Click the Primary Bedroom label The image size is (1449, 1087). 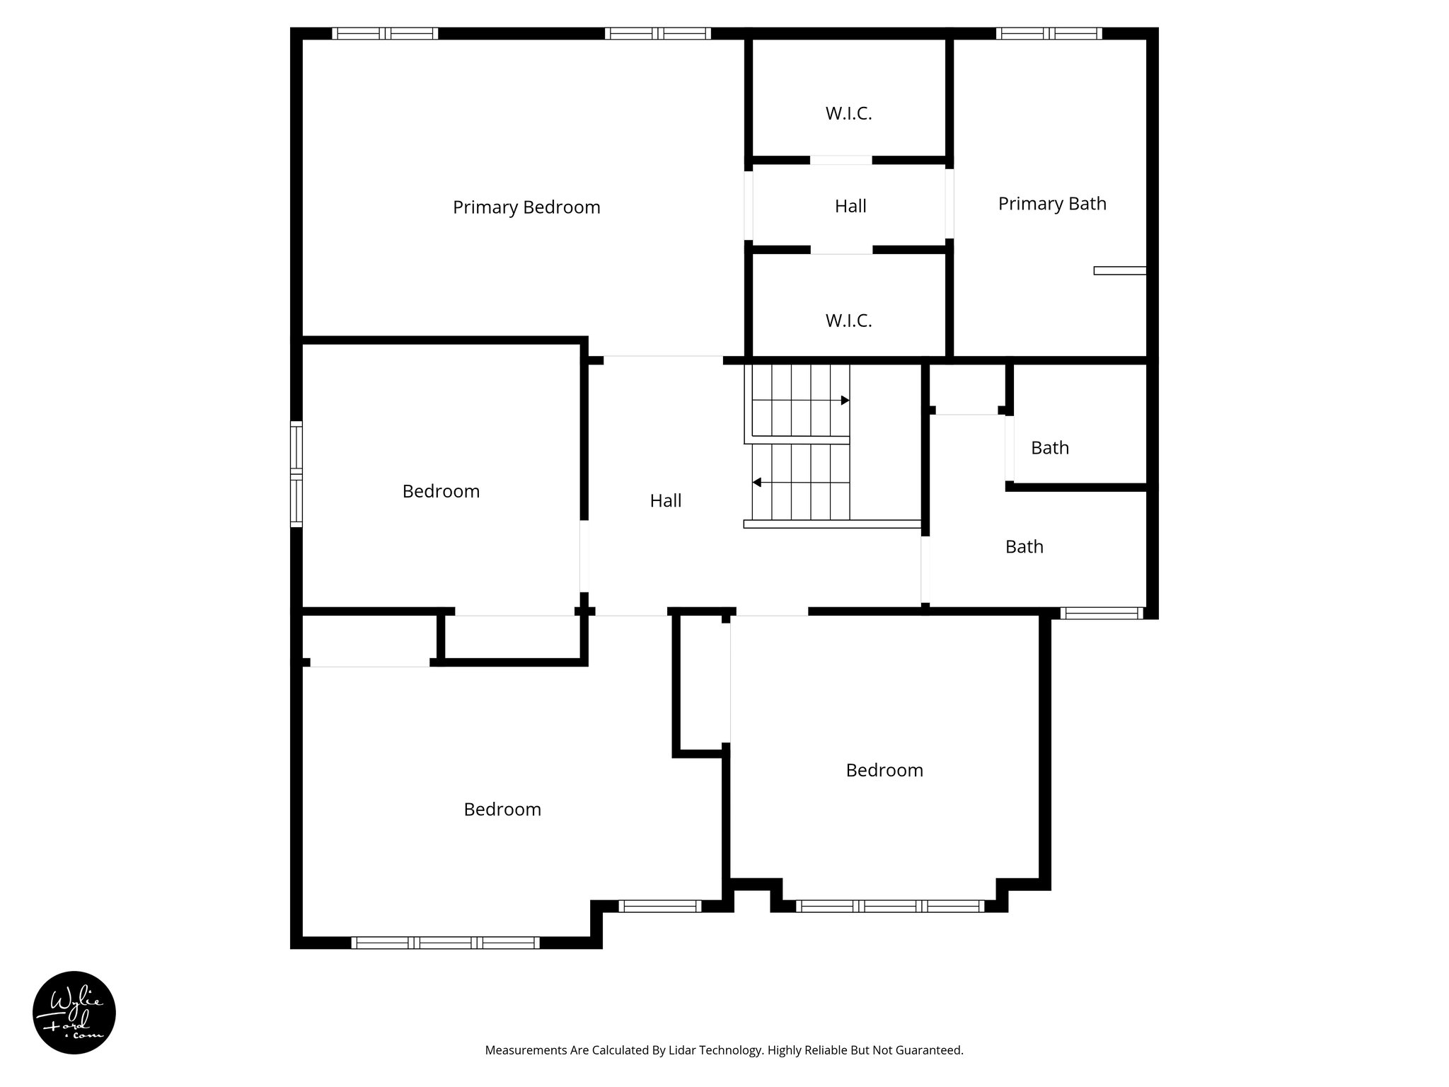pyautogui.click(x=526, y=207)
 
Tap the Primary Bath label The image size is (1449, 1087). pyautogui.click(x=1052, y=204)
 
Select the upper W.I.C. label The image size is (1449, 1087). pyautogui.click(x=848, y=113)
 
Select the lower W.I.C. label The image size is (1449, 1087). pyautogui.click(x=848, y=321)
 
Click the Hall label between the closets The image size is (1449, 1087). pyautogui.click(x=850, y=206)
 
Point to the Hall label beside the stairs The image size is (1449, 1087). pyautogui.click(x=666, y=501)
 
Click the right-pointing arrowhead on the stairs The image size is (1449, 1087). pyautogui.click(x=845, y=401)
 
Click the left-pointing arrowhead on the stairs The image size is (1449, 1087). pyautogui.click(x=756, y=483)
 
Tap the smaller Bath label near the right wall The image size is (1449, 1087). pyautogui.click(x=1050, y=448)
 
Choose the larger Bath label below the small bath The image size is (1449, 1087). pyautogui.click(x=1024, y=546)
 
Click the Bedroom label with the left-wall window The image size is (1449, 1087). pyautogui.click(x=441, y=491)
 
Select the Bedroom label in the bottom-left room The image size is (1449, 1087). pyautogui.click(x=502, y=810)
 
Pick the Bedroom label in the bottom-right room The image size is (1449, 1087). pyautogui.click(x=884, y=770)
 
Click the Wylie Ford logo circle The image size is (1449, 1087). pyautogui.click(x=74, y=1013)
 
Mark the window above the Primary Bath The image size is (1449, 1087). pyautogui.click(x=1049, y=33)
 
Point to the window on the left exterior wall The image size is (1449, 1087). pyautogui.click(x=296, y=474)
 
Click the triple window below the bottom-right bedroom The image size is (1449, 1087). pyautogui.click(x=889, y=906)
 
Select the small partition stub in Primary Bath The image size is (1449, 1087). pyautogui.click(x=1119, y=270)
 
